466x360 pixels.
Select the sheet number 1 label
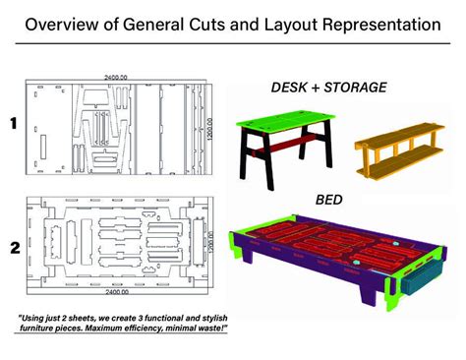tap(14, 124)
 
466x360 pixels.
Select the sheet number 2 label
tap(14, 248)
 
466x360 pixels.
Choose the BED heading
tap(328, 198)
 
